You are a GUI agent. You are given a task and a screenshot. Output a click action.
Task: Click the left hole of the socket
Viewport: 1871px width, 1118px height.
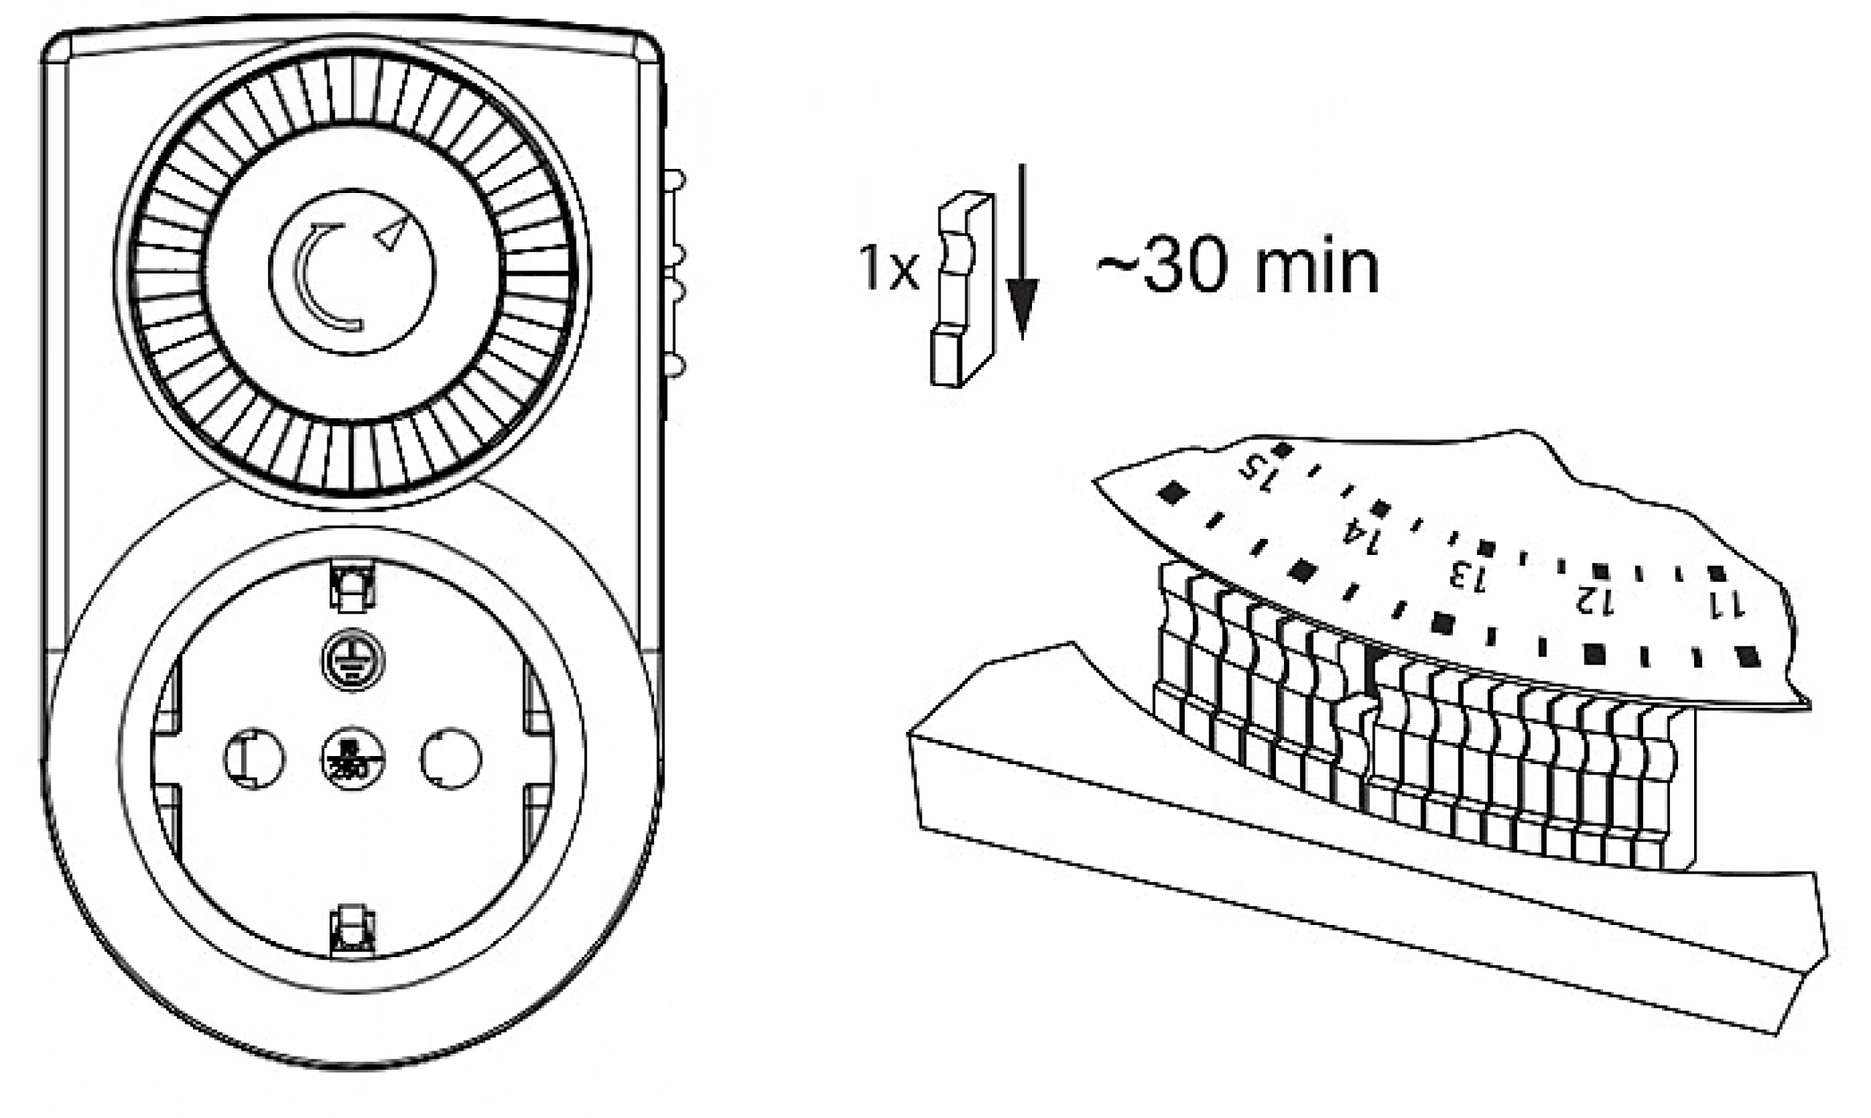[x=254, y=758]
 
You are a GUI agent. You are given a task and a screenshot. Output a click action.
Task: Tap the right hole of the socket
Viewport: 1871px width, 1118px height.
[x=451, y=758]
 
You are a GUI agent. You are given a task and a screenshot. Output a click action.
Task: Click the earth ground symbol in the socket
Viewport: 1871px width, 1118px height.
[x=353, y=660]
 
